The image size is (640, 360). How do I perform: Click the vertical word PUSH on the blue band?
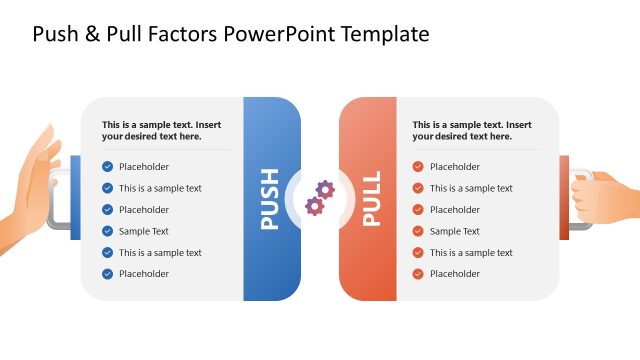click(270, 198)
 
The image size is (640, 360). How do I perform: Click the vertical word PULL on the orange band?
click(371, 198)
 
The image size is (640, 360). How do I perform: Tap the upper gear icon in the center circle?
click(325, 189)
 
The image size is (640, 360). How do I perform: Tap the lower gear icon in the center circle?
click(314, 206)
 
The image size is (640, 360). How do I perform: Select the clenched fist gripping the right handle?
click(603, 198)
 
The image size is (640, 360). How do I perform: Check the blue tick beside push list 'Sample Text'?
click(107, 231)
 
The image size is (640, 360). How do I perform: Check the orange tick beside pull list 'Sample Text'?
click(418, 231)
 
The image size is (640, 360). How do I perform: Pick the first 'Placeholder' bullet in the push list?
click(144, 167)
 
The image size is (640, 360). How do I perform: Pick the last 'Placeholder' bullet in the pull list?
click(455, 274)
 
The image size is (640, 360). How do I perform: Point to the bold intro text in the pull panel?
click(472, 131)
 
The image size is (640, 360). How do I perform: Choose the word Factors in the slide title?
click(181, 34)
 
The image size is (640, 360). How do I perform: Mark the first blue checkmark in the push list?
click(107, 167)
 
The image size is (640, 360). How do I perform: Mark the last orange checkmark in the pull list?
click(418, 274)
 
